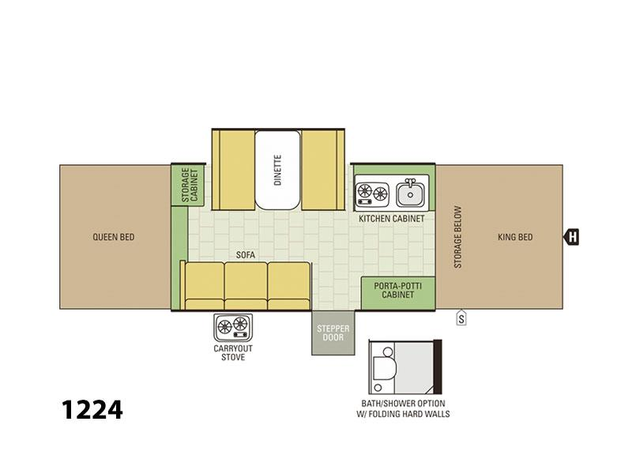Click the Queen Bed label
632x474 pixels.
pos(114,237)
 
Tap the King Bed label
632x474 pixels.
pos(515,237)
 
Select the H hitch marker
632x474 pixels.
pos(571,237)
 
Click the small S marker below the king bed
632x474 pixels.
pos(461,318)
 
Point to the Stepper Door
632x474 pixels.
pos(333,333)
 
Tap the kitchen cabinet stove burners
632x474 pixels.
pos(372,194)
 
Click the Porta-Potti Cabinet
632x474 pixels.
pos(398,293)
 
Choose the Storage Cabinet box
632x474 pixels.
pos(187,185)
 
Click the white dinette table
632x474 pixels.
pos(278,170)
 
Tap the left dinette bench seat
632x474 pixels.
pos(233,170)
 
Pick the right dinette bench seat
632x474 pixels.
pos(323,170)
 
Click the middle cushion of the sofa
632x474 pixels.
pos(246,286)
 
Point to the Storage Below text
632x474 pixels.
pos(458,238)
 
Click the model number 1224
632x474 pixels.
pos(92,410)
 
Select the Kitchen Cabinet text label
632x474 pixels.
pos(392,219)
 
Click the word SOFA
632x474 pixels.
pos(246,254)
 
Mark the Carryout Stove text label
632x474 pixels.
pos(233,352)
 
